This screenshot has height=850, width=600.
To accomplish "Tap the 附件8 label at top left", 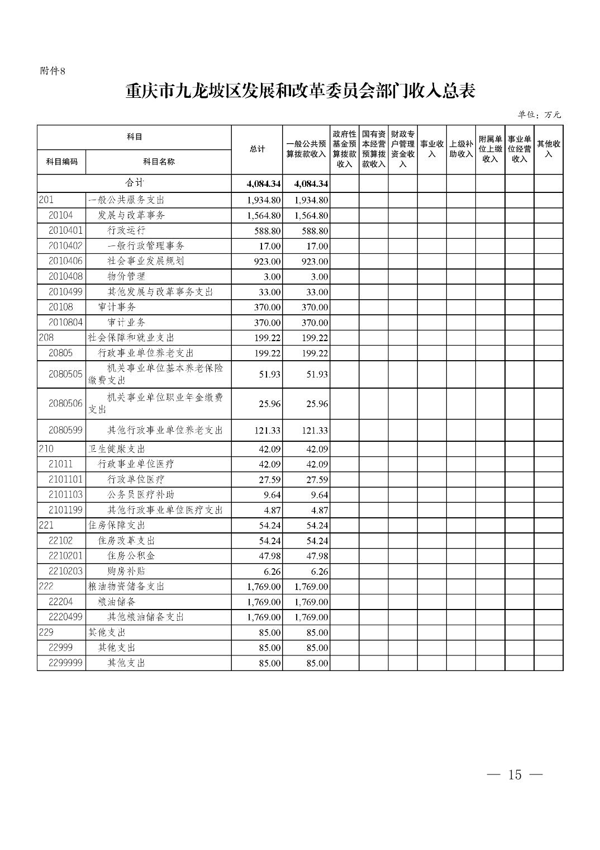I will pyautogui.click(x=53, y=71).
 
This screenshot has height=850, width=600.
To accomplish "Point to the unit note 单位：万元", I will pyautogui.click(x=539, y=115).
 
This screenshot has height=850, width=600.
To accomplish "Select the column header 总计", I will pyautogui.click(x=257, y=149).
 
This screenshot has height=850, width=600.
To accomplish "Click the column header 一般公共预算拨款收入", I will pyautogui.click(x=306, y=149).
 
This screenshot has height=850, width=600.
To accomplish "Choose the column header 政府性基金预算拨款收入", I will pyautogui.click(x=344, y=149).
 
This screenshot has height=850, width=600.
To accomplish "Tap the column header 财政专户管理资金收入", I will pyautogui.click(x=403, y=149).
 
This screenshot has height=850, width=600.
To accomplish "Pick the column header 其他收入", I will pyautogui.click(x=548, y=149).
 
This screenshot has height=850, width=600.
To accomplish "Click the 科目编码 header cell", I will pyautogui.click(x=62, y=162).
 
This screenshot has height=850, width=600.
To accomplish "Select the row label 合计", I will pyautogui.click(x=134, y=183).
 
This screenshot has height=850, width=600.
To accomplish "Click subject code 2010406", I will pyautogui.click(x=65, y=261).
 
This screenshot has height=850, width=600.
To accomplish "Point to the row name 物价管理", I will pyautogui.click(x=126, y=276).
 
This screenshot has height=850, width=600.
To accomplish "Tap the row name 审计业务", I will pyautogui.click(x=126, y=322).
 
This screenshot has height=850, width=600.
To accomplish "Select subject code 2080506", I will pyautogui.click(x=65, y=403).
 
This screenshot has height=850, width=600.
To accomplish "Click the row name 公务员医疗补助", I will pyautogui.click(x=136, y=494).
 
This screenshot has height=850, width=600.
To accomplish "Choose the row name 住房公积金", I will pyautogui.click(x=131, y=555).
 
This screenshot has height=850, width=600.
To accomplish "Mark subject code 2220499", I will pyautogui.click(x=65, y=617).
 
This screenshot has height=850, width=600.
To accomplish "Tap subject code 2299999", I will pyautogui.click(x=65, y=663).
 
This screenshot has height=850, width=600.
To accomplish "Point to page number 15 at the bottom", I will pyautogui.click(x=515, y=775).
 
